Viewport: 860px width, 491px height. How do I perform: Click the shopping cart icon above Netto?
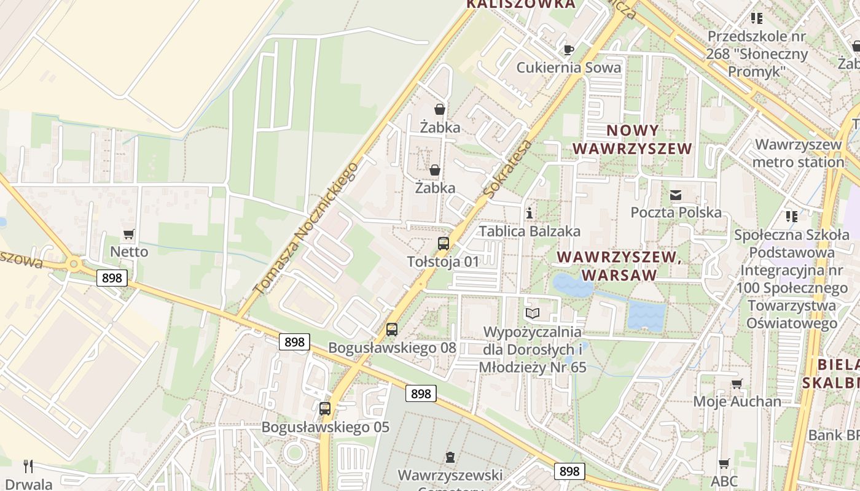pyautogui.click(x=128, y=234)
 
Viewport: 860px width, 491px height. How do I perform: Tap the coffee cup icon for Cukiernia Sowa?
pyautogui.click(x=569, y=50)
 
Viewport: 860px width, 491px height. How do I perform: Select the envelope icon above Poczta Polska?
pyautogui.click(x=676, y=195)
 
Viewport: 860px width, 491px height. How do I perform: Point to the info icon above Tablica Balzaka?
pyautogui.click(x=530, y=214)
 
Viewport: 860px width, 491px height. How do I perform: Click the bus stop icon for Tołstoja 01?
pyautogui.click(x=443, y=244)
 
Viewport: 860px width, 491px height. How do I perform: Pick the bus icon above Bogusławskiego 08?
pyautogui.click(x=392, y=330)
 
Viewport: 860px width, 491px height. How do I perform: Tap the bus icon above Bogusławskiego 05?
pyautogui.click(x=325, y=408)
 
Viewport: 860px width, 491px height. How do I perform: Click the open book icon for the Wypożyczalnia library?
pyautogui.click(x=532, y=314)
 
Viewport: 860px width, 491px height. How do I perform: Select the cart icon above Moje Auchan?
pyautogui.click(x=737, y=384)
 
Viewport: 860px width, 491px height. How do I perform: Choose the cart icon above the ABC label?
pyautogui.click(x=724, y=464)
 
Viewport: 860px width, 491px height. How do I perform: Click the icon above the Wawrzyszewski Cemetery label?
pyautogui.click(x=450, y=457)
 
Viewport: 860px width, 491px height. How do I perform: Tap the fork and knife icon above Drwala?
pyautogui.click(x=28, y=466)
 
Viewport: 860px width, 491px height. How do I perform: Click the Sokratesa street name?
pyautogui.click(x=507, y=169)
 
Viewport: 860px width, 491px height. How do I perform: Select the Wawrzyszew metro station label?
pyautogui.click(x=798, y=153)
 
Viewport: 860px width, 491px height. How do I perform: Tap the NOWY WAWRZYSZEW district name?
pyautogui.click(x=632, y=139)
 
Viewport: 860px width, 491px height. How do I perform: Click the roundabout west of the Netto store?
pyautogui.click(x=74, y=265)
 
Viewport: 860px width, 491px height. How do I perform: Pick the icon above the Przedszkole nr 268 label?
pyautogui.click(x=756, y=18)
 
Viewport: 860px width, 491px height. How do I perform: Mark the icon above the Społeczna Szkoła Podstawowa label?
pyautogui.click(x=791, y=217)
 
